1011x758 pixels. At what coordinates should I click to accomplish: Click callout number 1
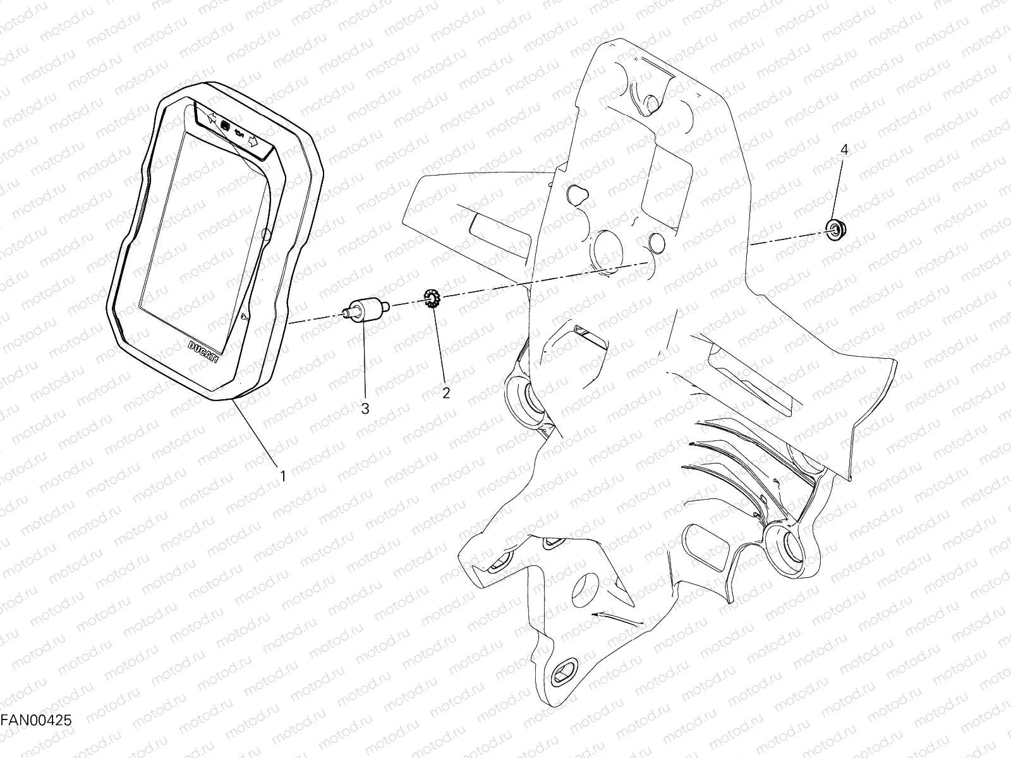click(283, 476)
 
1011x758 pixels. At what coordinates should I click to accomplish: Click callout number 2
click(446, 393)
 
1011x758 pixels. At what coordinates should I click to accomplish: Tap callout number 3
click(365, 409)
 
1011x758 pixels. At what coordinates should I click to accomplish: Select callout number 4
click(844, 149)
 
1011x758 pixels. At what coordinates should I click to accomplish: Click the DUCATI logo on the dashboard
click(203, 352)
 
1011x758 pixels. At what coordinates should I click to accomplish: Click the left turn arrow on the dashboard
click(212, 118)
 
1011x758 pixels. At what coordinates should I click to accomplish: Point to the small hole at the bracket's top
click(651, 103)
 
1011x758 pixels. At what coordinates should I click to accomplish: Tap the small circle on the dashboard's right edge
click(266, 234)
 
